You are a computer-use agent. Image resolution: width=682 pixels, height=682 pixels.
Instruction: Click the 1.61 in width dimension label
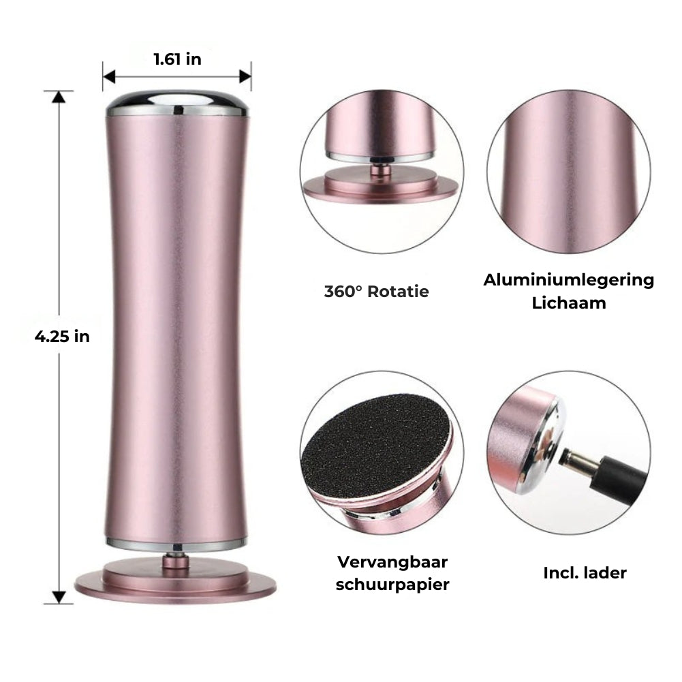pyautogui.click(x=177, y=59)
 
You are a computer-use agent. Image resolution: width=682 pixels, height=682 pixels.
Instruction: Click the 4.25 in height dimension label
pyautogui.click(x=62, y=336)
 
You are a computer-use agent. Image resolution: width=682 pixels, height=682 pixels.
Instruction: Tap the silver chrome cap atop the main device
pyautogui.click(x=177, y=103)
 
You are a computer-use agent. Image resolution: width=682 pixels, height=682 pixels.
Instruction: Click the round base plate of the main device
pyautogui.click(x=175, y=583)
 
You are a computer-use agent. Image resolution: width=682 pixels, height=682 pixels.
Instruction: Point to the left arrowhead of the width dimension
pyautogui.click(x=109, y=77)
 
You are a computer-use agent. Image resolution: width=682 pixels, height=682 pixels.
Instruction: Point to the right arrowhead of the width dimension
pyautogui.click(x=245, y=77)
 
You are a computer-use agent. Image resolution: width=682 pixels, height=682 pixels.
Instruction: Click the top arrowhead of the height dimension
pyautogui.click(x=59, y=97)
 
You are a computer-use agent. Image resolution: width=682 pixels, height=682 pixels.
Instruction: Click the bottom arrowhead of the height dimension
pyautogui.click(x=59, y=598)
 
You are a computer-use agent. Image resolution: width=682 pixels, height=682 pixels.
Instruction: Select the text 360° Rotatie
pyautogui.click(x=376, y=292)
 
